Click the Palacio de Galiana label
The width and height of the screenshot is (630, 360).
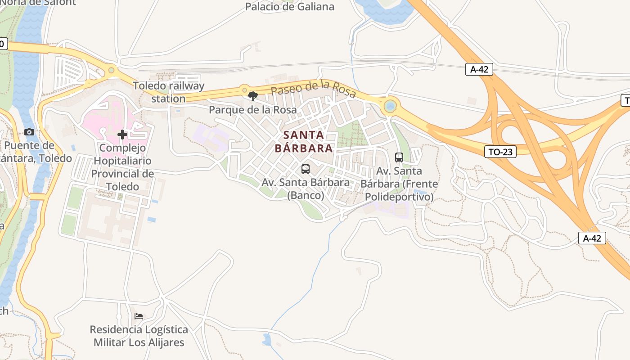point(290,6)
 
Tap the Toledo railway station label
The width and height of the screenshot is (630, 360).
point(168,92)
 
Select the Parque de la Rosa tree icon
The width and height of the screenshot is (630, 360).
point(253,96)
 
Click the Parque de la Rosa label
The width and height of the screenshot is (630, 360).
point(253,109)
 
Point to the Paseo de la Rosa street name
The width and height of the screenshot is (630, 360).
point(313,88)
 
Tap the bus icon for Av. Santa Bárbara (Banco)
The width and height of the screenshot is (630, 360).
point(306,169)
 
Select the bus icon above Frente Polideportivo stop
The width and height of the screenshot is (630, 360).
point(399,157)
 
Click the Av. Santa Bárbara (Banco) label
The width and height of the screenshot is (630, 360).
point(306,189)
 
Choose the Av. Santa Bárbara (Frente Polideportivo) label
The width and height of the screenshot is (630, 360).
point(399,184)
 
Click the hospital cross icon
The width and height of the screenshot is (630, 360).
point(122,134)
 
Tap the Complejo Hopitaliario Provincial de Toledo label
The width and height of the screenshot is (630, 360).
point(122,167)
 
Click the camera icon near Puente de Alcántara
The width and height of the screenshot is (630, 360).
point(29,132)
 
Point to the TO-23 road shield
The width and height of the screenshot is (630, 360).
point(500,152)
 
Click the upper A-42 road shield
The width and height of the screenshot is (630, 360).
point(479,69)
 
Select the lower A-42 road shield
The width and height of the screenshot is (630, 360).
point(592,238)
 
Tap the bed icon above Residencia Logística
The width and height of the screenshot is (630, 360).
point(139,316)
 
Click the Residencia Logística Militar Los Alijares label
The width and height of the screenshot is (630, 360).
point(139,336)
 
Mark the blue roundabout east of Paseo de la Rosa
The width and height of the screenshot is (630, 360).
point(390,107)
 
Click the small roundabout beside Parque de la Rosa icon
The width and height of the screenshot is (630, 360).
point(244,89)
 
